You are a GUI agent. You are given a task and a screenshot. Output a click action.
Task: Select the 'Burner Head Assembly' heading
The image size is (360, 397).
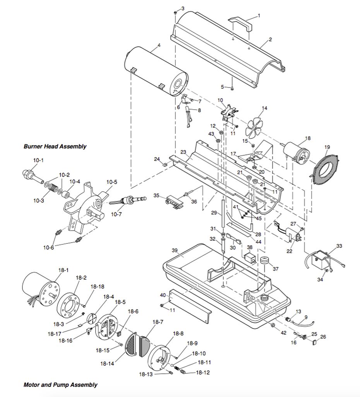tap(55, 146)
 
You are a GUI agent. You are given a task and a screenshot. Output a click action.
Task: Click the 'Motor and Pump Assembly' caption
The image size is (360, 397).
tap(60, 385)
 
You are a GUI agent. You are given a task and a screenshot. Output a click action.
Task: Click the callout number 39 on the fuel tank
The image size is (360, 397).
tap(175, 250)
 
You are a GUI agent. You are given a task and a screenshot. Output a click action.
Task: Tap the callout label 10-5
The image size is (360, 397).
tap(112, 182)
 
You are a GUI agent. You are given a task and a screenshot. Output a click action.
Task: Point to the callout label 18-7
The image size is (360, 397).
tap(158, 322)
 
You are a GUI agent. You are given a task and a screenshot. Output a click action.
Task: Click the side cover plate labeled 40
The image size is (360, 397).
tap(190, 304)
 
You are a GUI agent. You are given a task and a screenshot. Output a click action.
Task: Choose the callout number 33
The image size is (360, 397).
tap(339, 246)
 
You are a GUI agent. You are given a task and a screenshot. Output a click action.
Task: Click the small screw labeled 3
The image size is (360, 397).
tap(175, 12)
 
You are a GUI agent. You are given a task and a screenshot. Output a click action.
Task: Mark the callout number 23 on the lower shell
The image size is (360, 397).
tap(183, 152)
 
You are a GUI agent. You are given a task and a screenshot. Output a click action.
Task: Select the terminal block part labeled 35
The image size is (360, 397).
tap(175, 202)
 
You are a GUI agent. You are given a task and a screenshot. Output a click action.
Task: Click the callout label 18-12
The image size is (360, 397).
tap(203, 373)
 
